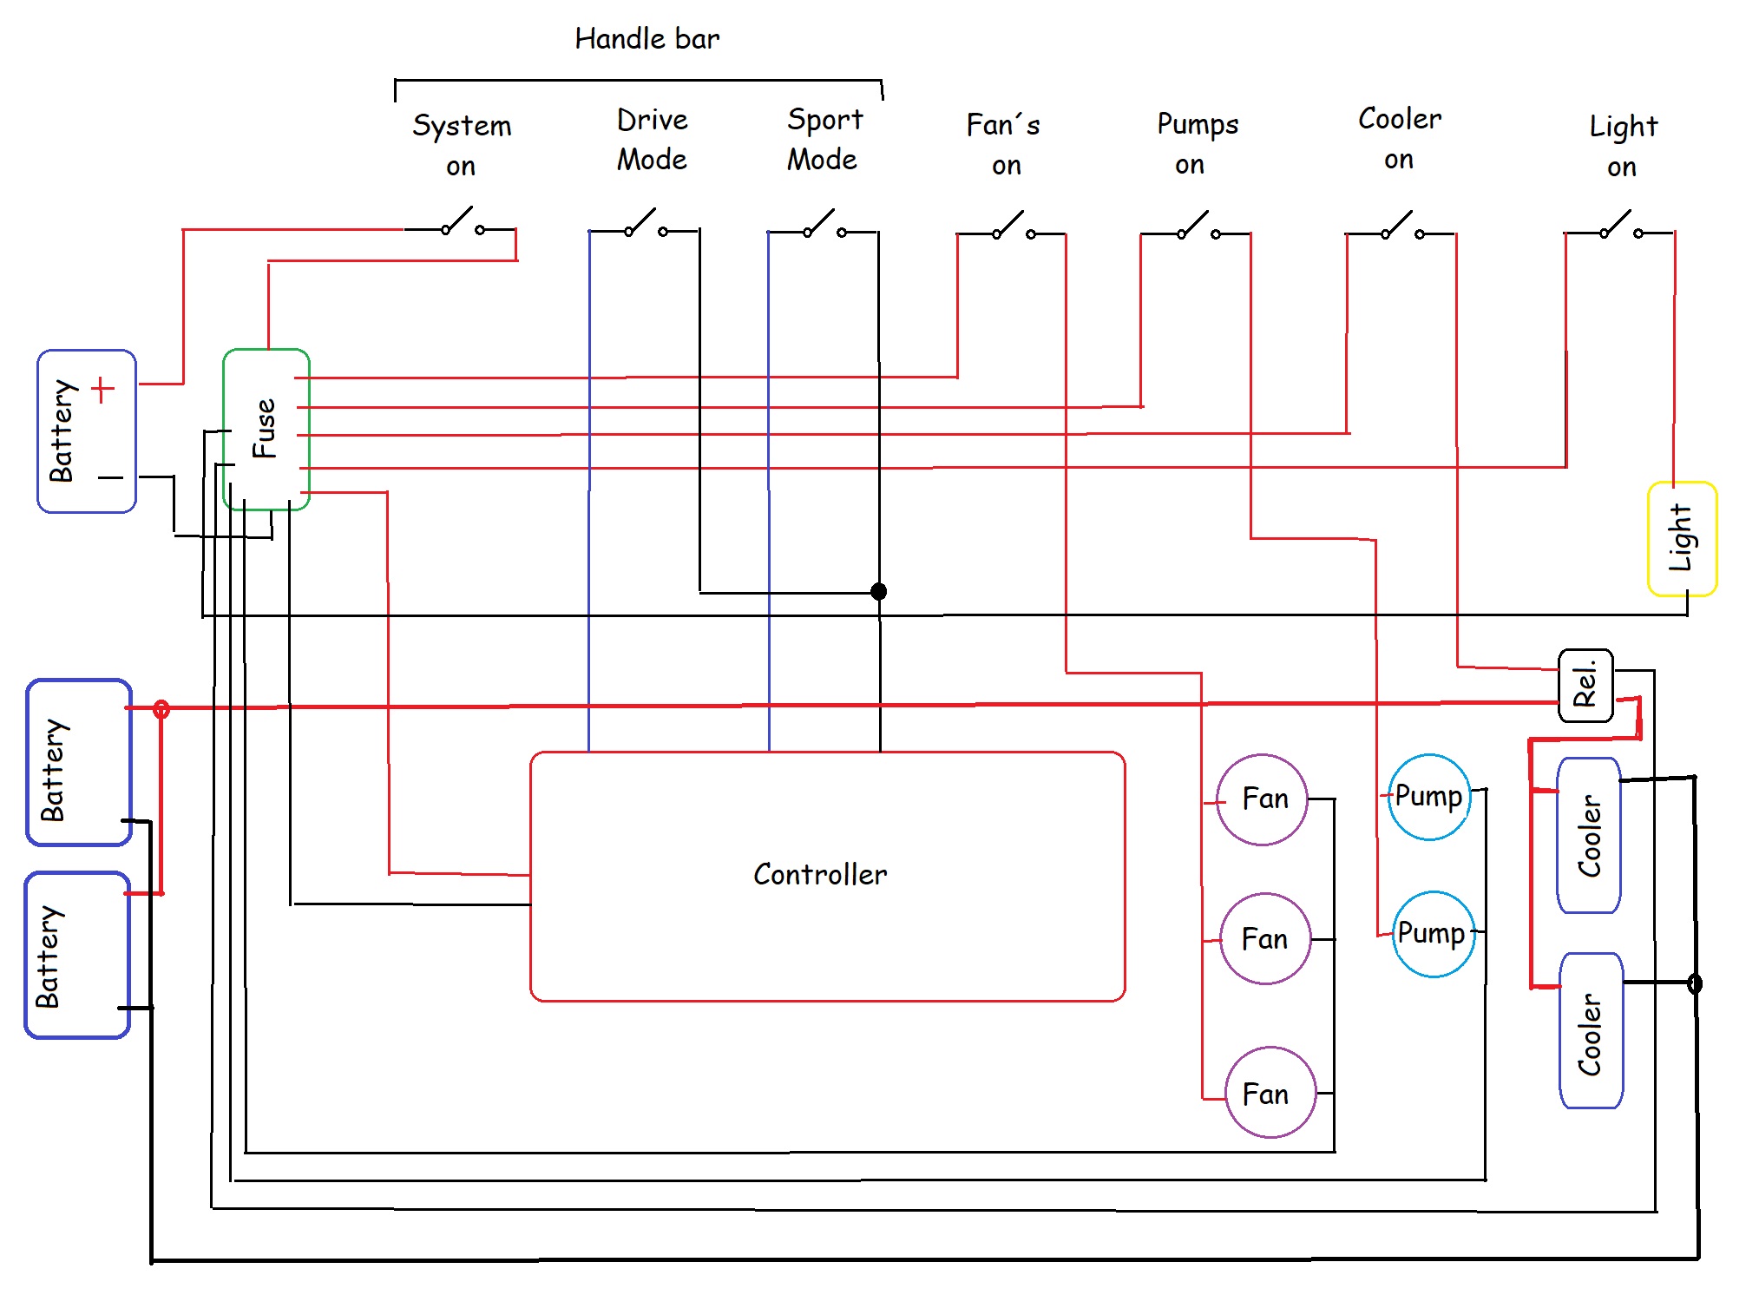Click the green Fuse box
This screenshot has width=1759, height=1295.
(x=266, y=429)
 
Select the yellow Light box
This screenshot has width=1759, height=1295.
(x=1682, y=538)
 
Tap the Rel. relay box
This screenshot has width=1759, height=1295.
(x=1585, y=685)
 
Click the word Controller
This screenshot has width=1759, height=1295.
(x=820, y=874)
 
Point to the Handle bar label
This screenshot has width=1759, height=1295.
(x=647, y=39)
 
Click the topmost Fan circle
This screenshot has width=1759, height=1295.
(x=1263, y=799)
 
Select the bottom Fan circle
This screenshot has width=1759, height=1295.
(x=1270, y=1093)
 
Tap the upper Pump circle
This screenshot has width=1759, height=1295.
(x=1429, y=797)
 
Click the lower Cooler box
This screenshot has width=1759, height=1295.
(x=1591, y=1030)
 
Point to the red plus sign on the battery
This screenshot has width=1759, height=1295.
(x=102, y=390)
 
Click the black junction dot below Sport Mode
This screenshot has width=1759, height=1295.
(x=879, y=592)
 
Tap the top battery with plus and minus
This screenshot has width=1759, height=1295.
(x=86, y=431)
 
